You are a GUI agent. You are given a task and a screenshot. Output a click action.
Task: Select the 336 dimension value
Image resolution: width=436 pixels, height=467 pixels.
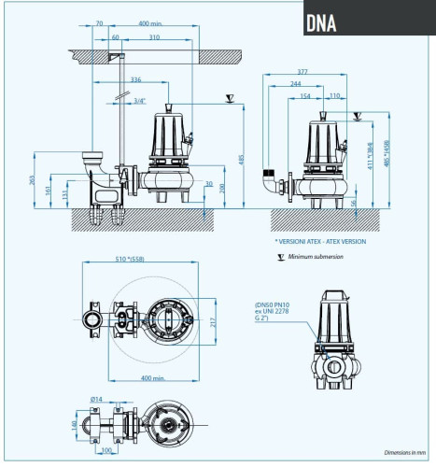136,81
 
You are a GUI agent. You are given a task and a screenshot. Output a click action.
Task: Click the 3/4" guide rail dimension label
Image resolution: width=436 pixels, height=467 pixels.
139,101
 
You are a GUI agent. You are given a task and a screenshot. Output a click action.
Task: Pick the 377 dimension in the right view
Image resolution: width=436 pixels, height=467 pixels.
302,70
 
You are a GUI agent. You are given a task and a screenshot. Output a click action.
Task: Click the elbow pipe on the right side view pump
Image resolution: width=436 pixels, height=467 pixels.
274,182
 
